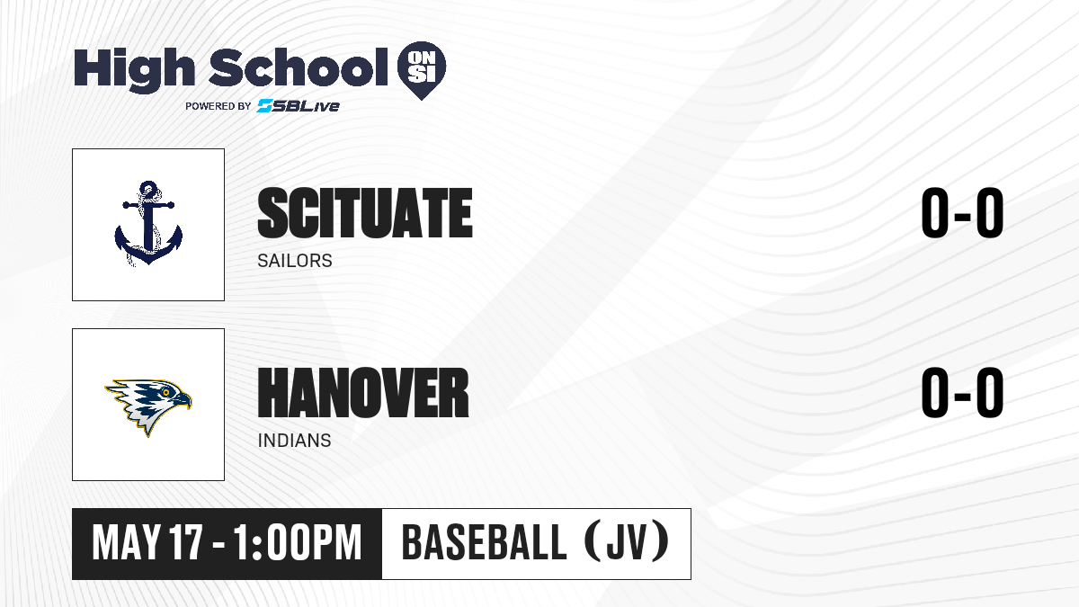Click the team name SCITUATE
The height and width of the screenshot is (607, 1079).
(365, 213)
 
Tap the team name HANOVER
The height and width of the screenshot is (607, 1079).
(363, 393)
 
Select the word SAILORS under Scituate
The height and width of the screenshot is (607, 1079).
(295, 261)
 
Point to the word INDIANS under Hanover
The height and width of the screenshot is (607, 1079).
(294, 441)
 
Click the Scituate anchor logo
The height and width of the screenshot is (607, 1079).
(148, 224)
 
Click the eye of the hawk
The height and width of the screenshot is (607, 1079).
(166, 393)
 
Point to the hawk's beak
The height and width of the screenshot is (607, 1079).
(182, 400)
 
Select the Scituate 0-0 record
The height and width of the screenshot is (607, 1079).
(962, 213)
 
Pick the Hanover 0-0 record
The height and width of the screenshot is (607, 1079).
(962, 393)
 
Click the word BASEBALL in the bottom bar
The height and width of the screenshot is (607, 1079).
(484, 543)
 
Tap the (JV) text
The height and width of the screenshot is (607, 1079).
(627, 542)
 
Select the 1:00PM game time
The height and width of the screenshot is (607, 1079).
(298, 543)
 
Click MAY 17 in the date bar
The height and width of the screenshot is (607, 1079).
(147, 543)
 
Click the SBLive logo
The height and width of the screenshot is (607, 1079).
(298, 105)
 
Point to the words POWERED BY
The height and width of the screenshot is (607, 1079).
(218, 106)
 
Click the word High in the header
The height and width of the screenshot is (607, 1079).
(134, 70)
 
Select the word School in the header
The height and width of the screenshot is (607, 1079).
(299, 67)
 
